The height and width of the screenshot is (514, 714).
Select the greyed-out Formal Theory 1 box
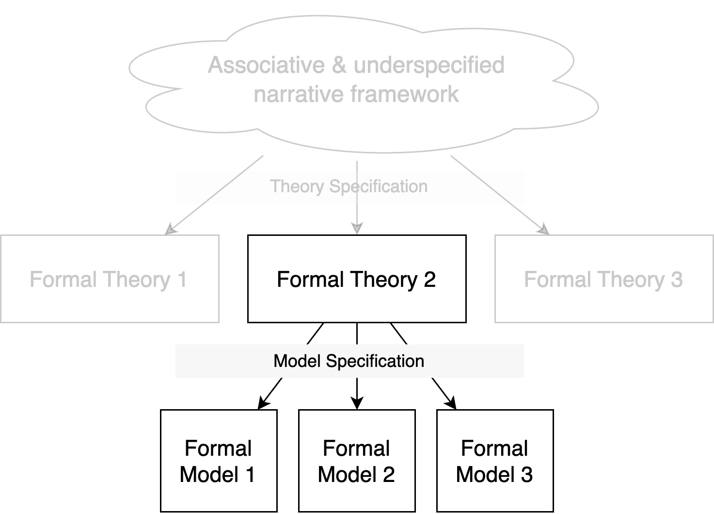coord(110,279)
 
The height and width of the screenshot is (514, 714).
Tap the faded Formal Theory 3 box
coord(604,279)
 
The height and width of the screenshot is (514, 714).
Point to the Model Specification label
coord(349,361)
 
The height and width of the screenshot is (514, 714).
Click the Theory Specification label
coord(349,186)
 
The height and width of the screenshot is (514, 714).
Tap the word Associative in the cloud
coord(267,65)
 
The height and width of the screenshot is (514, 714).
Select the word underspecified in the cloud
coord(429,65)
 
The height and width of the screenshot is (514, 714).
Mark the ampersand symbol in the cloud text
coord(339,65)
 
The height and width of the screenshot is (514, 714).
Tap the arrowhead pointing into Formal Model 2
coord(357,403)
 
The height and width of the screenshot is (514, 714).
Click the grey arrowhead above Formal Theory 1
coord(171,229)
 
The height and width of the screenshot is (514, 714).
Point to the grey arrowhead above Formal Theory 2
coord(357,228)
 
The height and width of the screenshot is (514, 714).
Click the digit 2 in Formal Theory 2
coord(429,280)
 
